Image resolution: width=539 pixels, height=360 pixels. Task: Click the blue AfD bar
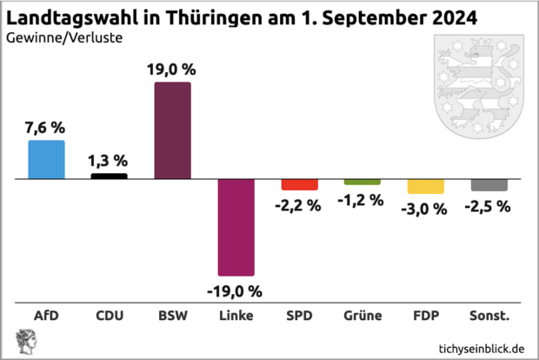(46, 159)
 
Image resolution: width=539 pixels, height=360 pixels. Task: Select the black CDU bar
(109, 176)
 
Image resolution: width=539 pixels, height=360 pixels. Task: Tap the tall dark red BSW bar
(172, 130)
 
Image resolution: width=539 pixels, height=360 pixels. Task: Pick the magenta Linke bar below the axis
(235, 227)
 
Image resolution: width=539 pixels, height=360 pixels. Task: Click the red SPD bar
(299, 184)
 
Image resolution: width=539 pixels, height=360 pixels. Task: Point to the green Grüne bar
(362, 182)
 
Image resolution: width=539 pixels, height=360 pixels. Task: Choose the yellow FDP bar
(425, 186)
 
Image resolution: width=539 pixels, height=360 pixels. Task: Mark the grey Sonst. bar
(489, 184)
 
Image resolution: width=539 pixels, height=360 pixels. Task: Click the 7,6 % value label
(45, 128)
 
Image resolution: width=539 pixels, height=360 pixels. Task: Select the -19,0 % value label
(235, 290)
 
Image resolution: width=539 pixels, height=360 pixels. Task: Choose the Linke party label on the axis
(236, 315)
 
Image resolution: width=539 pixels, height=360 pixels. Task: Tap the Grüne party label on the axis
(363, 315)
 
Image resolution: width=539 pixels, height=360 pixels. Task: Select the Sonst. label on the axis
(489, 315)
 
